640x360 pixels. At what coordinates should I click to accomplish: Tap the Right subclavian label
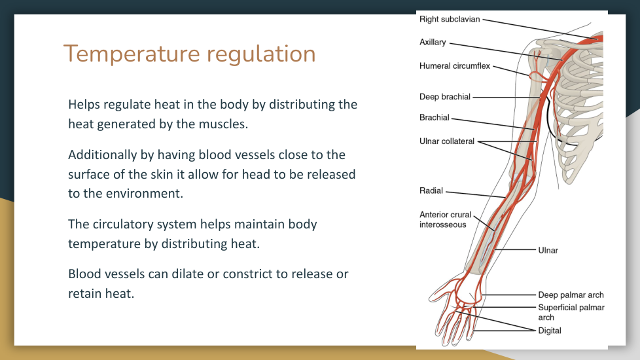450,20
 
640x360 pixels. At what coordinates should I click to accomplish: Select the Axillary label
433,43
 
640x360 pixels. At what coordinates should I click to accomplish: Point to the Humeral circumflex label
455,66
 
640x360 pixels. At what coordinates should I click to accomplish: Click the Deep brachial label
445,97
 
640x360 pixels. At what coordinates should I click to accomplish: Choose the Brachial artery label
435,118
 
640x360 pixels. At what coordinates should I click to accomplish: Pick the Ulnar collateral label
447,141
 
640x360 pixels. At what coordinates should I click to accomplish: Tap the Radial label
431,191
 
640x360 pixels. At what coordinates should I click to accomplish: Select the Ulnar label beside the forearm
548,250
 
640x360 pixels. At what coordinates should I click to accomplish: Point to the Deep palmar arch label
571,295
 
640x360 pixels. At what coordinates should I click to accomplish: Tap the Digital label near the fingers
550,331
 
